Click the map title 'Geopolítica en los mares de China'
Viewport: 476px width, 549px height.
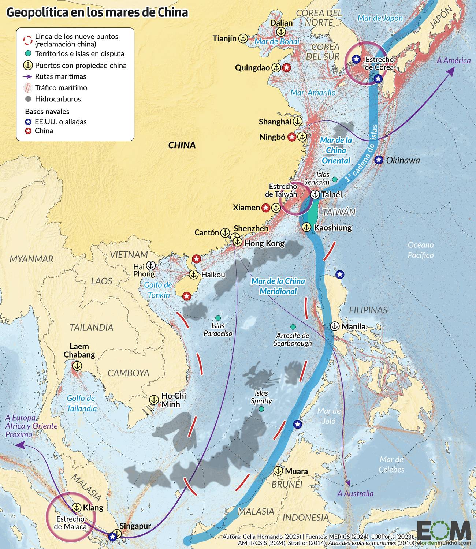tap(97, 12)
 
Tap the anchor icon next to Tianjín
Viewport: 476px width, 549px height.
tap(243, 38)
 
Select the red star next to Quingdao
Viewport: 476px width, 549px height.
tap(287, 68)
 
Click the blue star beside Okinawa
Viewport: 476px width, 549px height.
tap(379, 160)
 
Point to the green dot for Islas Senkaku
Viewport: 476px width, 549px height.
tap(335, 179)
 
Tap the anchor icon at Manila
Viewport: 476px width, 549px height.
tap(335, 326)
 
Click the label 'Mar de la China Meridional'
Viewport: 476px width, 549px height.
tap(278, 286)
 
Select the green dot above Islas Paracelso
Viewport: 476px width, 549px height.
tap(218, 318)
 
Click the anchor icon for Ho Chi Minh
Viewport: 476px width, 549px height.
tap(154, 400)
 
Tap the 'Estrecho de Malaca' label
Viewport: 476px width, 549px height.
tap(70, 523)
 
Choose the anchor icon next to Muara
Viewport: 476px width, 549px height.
tap(278, 471)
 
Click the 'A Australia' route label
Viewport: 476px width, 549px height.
tap(356, 493)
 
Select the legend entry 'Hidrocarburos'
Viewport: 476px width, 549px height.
tap(58, 99)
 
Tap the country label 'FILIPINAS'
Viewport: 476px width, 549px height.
tap(368, 310)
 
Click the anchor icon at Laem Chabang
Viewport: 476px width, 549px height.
tap(77, 365)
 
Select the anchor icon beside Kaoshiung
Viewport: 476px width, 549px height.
tap(306, 227)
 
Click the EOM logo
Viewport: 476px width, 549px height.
tap(443, 531)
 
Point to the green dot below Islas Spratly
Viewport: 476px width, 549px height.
tap(261, 409)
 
